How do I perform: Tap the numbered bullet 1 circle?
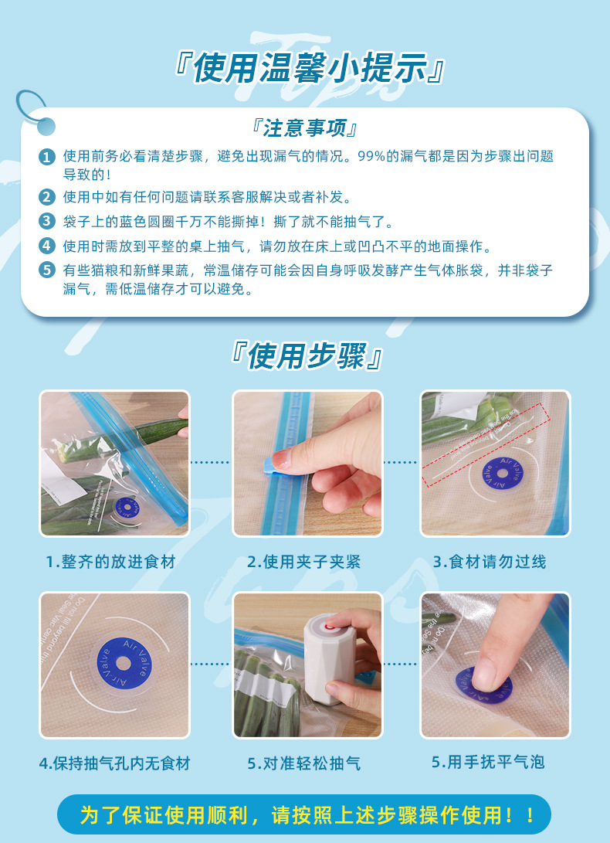point(48,157)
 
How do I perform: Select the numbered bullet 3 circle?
point(48,222)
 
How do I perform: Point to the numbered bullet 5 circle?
point(48,270)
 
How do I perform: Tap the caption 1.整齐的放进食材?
point(110,562)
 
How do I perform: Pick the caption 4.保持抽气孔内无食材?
point(114,763)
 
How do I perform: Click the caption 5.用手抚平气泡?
point(488,762)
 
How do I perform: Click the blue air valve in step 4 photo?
point(115,664)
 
